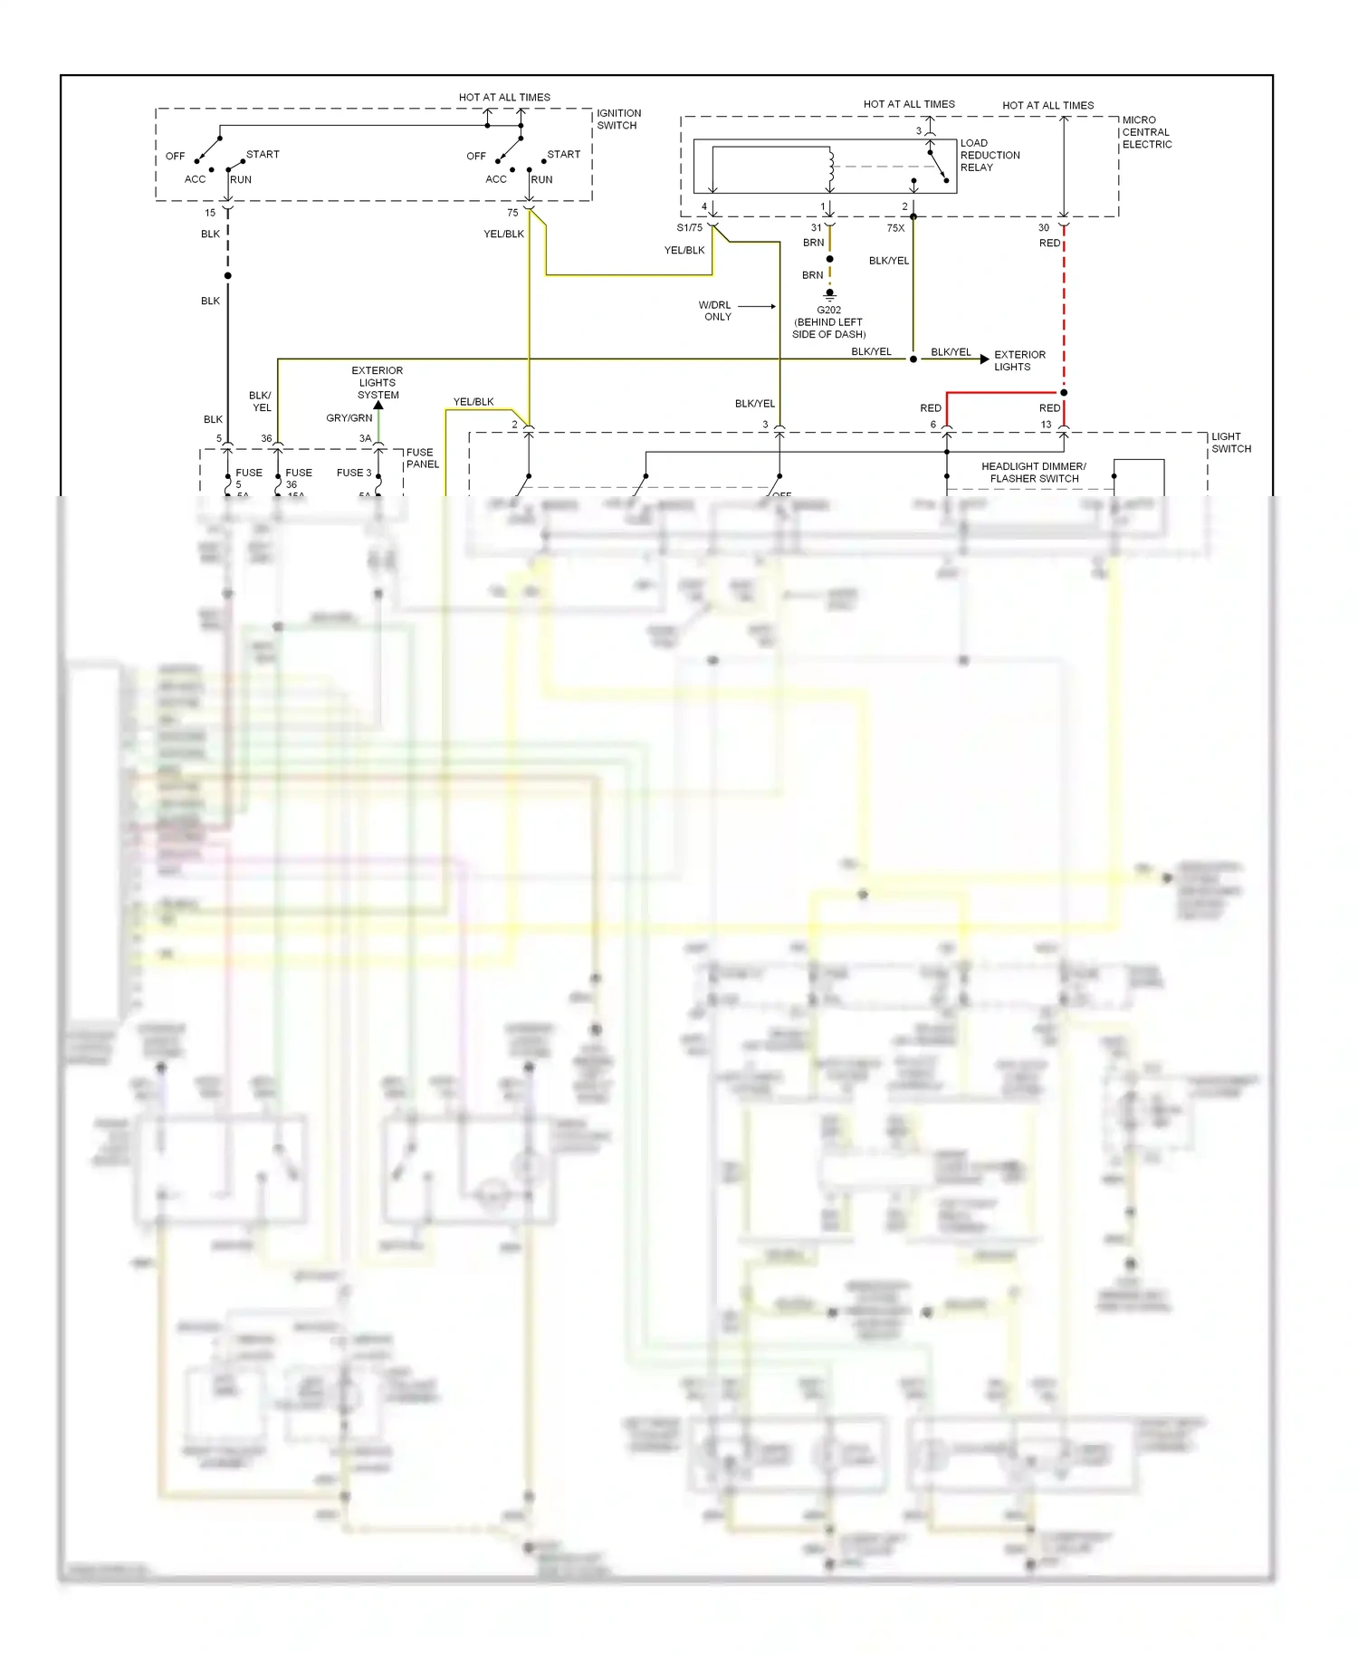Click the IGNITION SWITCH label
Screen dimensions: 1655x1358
618,120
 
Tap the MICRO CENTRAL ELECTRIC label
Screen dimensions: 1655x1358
1146,132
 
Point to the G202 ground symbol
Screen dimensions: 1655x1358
829,294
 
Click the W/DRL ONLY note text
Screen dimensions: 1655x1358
715,311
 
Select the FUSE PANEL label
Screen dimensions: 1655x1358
422,458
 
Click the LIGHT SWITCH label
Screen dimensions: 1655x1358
1230,443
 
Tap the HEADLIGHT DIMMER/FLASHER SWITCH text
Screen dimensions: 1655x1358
1033,473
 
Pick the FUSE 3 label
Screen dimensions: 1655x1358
354,473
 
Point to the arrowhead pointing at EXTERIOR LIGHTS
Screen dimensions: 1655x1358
984,359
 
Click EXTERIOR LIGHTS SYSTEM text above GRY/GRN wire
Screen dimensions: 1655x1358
378,383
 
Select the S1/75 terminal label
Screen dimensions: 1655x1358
689,228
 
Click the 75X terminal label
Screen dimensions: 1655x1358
895,228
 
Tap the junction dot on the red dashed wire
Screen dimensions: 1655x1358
1064,393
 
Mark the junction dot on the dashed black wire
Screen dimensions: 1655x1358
228,276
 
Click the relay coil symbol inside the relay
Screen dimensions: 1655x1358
830,166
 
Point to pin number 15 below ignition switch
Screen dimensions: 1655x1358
210,214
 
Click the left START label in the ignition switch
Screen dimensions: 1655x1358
263,155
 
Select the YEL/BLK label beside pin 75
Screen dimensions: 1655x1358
503,234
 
